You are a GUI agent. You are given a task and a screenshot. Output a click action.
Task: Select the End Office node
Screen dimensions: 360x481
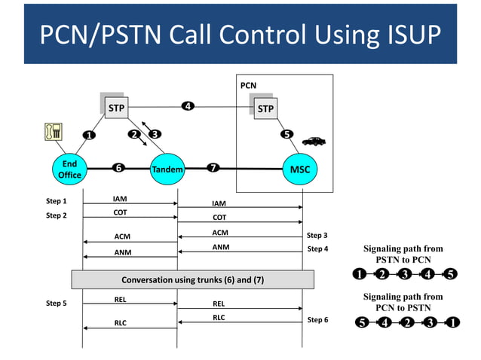(x=69, y=169)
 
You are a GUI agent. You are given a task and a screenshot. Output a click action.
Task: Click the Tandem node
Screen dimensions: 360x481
(x=167, y=169)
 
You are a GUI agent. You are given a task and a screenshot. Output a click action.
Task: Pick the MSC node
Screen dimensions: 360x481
(x=300, y=169)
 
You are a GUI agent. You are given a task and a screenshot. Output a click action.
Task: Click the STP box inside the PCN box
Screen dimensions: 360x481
(x=265, y=108)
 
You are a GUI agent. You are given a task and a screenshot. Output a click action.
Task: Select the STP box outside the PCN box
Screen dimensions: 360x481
(x=116, y=108)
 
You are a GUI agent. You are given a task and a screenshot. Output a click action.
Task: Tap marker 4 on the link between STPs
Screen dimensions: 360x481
(x=188, y=105)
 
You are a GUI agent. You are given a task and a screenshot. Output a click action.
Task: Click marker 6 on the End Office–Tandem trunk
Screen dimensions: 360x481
(x=118, y=168)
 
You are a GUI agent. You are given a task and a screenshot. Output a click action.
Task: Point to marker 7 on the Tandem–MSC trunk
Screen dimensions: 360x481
(x=213, y=168)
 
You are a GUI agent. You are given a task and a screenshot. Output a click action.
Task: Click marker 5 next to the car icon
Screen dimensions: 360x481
(x=286, y=135)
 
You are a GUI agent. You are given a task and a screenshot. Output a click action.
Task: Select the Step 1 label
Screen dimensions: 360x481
(x=57, y=201)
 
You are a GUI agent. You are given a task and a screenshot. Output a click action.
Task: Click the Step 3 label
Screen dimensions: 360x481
(x=317, y=236)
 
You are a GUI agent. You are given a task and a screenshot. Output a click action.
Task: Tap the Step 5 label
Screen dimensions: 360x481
(x=57, y=304)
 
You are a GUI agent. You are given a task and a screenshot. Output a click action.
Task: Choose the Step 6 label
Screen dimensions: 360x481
(x=317, y=320)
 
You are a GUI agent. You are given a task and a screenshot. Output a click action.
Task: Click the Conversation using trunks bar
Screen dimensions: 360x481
(x=192, y=280)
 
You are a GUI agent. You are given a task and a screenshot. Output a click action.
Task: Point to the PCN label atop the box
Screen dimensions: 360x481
(x=248, y=86)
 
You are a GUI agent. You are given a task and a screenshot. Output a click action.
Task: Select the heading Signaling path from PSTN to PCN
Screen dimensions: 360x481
(x=403, y=254)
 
